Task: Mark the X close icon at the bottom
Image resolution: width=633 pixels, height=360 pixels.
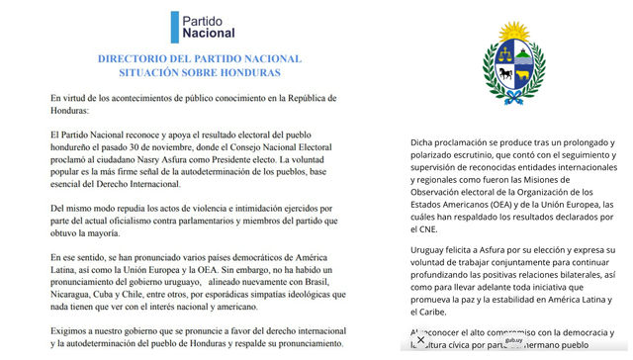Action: [421, 340]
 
